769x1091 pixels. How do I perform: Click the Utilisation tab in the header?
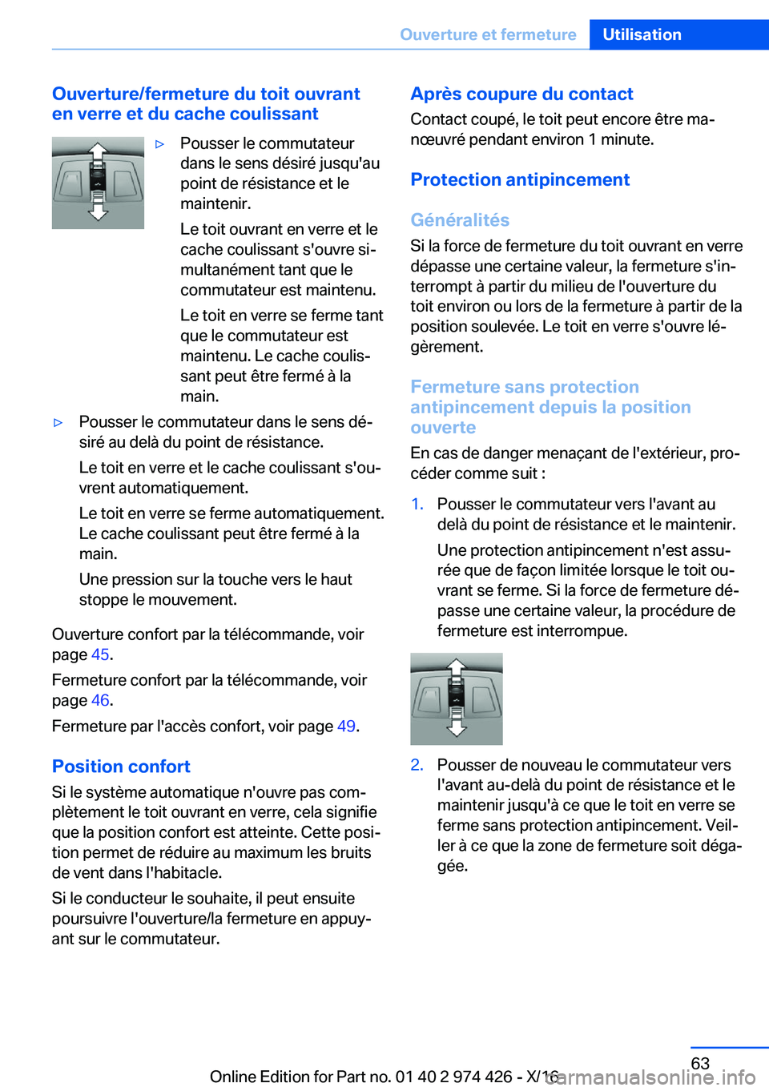pyautogui.click(x=642, y=34)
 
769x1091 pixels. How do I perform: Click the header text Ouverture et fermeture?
pyautogui.click(x=488, y=34)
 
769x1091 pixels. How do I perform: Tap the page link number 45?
pyautogui.click(x=100, y=654)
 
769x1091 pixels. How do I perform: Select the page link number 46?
pyautogui.click(x=100, y=700)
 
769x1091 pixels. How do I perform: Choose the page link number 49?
pyautogui.click(x=346, y=726)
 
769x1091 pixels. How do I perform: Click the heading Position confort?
pyautogui.click(x=121, y=767)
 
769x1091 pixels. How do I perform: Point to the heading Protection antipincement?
pyautogui.click(x=520, y=179)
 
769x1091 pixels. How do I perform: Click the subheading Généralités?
pyautogui.click(x=460, y=219)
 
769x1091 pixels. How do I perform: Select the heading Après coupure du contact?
pyautogui.click(x=521, y=94)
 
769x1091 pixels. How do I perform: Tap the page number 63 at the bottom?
pyautogui.click(x=700, y=1063)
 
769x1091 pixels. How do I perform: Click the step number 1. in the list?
pyautogui.click(x=417, y=504)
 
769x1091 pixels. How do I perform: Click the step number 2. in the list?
pyautogui.click(x=417, y=765)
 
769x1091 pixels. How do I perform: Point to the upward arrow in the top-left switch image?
pyautogui.click(x=98, y=151)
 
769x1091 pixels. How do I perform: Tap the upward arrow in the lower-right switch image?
pyautogui.click(x=456, y=666)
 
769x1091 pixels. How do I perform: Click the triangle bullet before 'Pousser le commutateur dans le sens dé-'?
pyautogui.click(x=58, y=422)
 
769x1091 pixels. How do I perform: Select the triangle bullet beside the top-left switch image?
pyautogui.click(x=160, y=144)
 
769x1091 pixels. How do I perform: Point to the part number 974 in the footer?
pyautogui.click(x=469, y=1077)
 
